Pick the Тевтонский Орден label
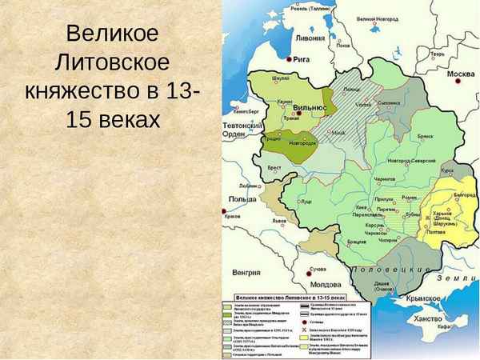point(239,131)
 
